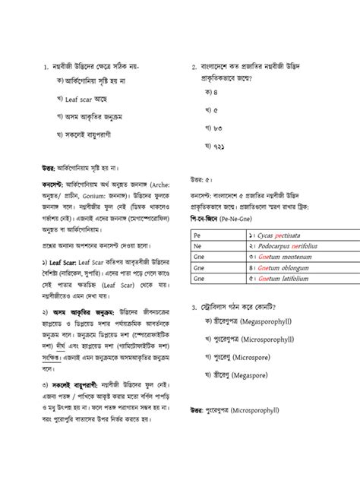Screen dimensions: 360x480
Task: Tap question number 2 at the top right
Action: [194, 67]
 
